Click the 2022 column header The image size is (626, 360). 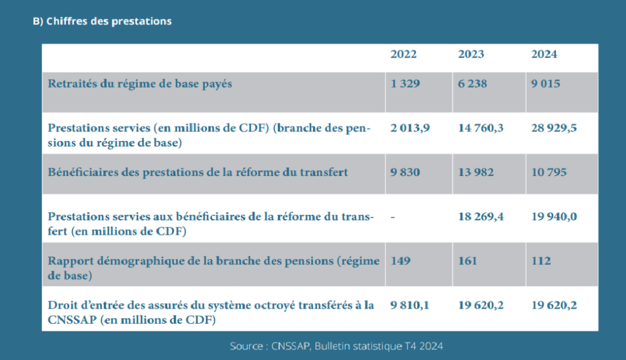(x=403, y=54)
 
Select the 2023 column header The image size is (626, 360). (x=471, y=54)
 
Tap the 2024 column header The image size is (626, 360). (x=544, y=54)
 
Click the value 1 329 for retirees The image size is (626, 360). (x=405, y=84)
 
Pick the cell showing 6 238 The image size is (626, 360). (x=473, y=84)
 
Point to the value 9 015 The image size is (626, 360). (x=546, y=84)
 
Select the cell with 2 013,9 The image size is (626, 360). (x=410, y=128)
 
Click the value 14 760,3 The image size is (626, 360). (x=481, y=128)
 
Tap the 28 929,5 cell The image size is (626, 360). (x=554, y=128)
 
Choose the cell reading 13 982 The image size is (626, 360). (x=476, y=172)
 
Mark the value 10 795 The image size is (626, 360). (x=549, y=172)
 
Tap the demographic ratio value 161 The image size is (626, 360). (x=468, y=260)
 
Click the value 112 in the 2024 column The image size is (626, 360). (x=541, y=260)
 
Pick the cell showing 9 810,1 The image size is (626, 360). (x=410, y=305)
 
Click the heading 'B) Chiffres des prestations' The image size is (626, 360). (x=102, y=21)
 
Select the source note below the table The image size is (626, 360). (x=337, y=346)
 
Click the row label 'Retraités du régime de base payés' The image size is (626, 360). (x=140, y=84)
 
